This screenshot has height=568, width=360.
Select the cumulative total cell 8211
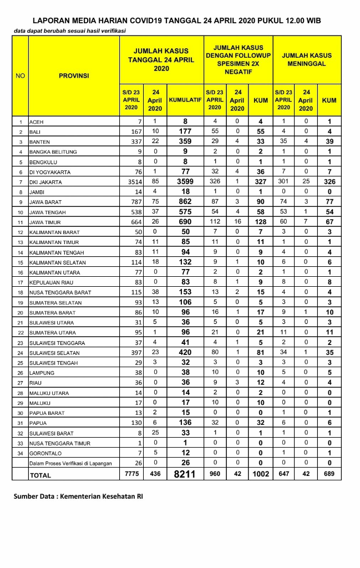(x=185, y=474)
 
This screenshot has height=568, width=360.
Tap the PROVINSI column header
(x=74, y=76)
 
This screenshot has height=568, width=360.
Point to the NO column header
(x=20, y=76)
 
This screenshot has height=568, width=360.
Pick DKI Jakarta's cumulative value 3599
(x=185, y=182)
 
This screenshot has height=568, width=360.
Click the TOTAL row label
(x=40, y=475)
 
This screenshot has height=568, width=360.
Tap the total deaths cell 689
(x=329, y=474)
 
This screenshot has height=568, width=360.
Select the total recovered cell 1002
(x=261, y=474)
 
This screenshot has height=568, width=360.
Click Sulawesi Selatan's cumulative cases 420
(x=185, y=353)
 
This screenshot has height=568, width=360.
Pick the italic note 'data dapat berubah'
(x=69, y=31)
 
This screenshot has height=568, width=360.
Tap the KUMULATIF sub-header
(x=185, y=100)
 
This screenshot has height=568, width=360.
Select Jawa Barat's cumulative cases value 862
(x=185, y=202)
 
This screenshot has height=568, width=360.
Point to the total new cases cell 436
(x=156, y=474)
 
